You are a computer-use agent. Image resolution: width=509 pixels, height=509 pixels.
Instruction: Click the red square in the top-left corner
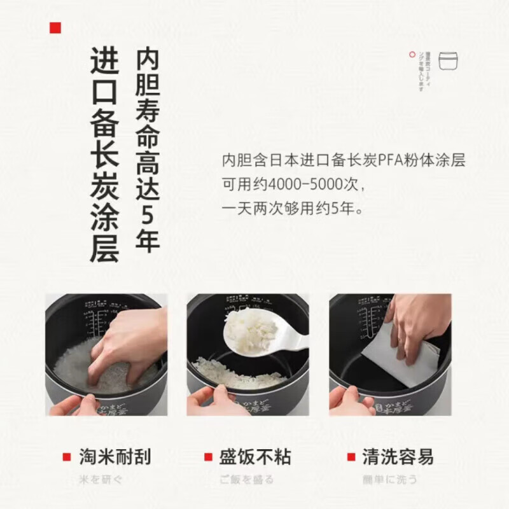click(x=56, y=27)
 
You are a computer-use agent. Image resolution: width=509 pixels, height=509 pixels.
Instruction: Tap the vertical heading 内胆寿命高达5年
click(x=147, y=150)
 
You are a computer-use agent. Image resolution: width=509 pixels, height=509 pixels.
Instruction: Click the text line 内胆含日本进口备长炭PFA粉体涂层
click(x=344, y=161)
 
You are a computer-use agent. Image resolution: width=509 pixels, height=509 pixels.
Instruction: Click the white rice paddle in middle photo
click(x=267, y=331)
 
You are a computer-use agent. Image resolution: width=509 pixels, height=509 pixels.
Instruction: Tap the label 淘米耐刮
click(x=115, y=457)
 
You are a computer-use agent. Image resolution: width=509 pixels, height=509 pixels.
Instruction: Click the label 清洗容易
click(x=398, y=457)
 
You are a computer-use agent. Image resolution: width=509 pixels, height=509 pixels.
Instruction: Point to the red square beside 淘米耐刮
click(x=66, y=457)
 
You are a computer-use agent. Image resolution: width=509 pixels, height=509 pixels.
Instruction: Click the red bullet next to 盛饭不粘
click(x=207, y=457)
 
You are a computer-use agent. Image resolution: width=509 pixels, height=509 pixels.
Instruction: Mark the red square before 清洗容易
click(x=351, y=457)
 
